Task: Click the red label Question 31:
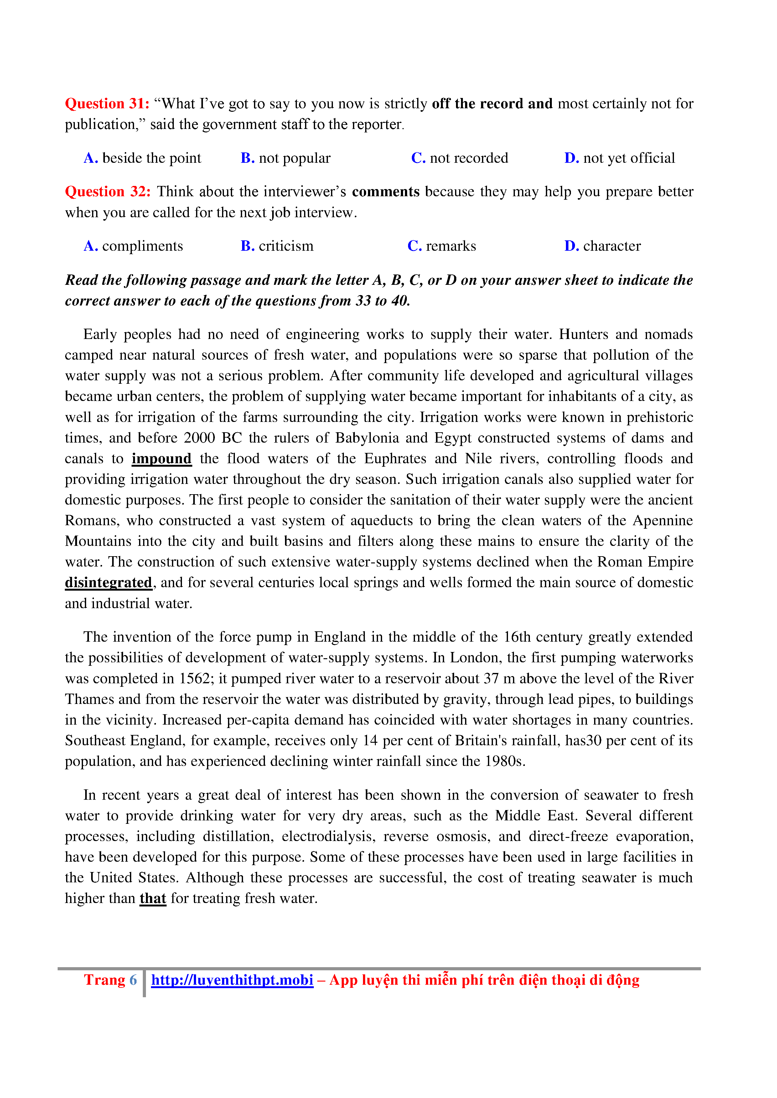point(107,104)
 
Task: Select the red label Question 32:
point(108,192)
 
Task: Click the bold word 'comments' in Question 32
point(386,192)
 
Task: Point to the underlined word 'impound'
point(162,459)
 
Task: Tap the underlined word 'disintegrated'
point(109,583)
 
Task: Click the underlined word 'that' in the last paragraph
point(153,899)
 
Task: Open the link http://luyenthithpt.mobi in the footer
point(232,980)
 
